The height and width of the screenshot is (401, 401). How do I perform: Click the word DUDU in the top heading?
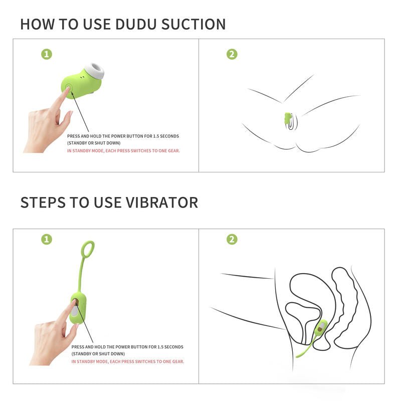coord(135,24)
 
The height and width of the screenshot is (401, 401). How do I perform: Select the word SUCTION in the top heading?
coord(193,24)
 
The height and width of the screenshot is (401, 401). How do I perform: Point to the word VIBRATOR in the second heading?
coord(161,203)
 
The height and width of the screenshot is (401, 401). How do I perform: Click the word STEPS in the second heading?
coord(43,203)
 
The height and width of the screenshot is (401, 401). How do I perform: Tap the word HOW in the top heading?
coord(37,24)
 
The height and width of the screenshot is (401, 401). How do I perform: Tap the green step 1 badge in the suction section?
coord(47,54)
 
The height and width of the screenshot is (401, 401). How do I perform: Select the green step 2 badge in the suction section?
coord(232,54)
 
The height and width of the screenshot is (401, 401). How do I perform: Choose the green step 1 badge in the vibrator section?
coord(47,240)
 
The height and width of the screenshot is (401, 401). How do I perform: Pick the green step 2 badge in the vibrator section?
coord(232,240)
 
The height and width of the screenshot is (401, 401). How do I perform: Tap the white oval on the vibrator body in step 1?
coord(74,311)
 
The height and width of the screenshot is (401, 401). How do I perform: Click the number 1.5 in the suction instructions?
coord(156,136)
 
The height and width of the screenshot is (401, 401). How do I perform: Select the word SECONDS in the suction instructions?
coord(169,136)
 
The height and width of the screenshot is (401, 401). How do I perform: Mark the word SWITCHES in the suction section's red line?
coord(141,151)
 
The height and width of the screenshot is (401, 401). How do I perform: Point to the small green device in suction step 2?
coord(288,118)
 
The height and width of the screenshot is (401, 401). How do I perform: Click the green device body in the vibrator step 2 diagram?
coord(321,328)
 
